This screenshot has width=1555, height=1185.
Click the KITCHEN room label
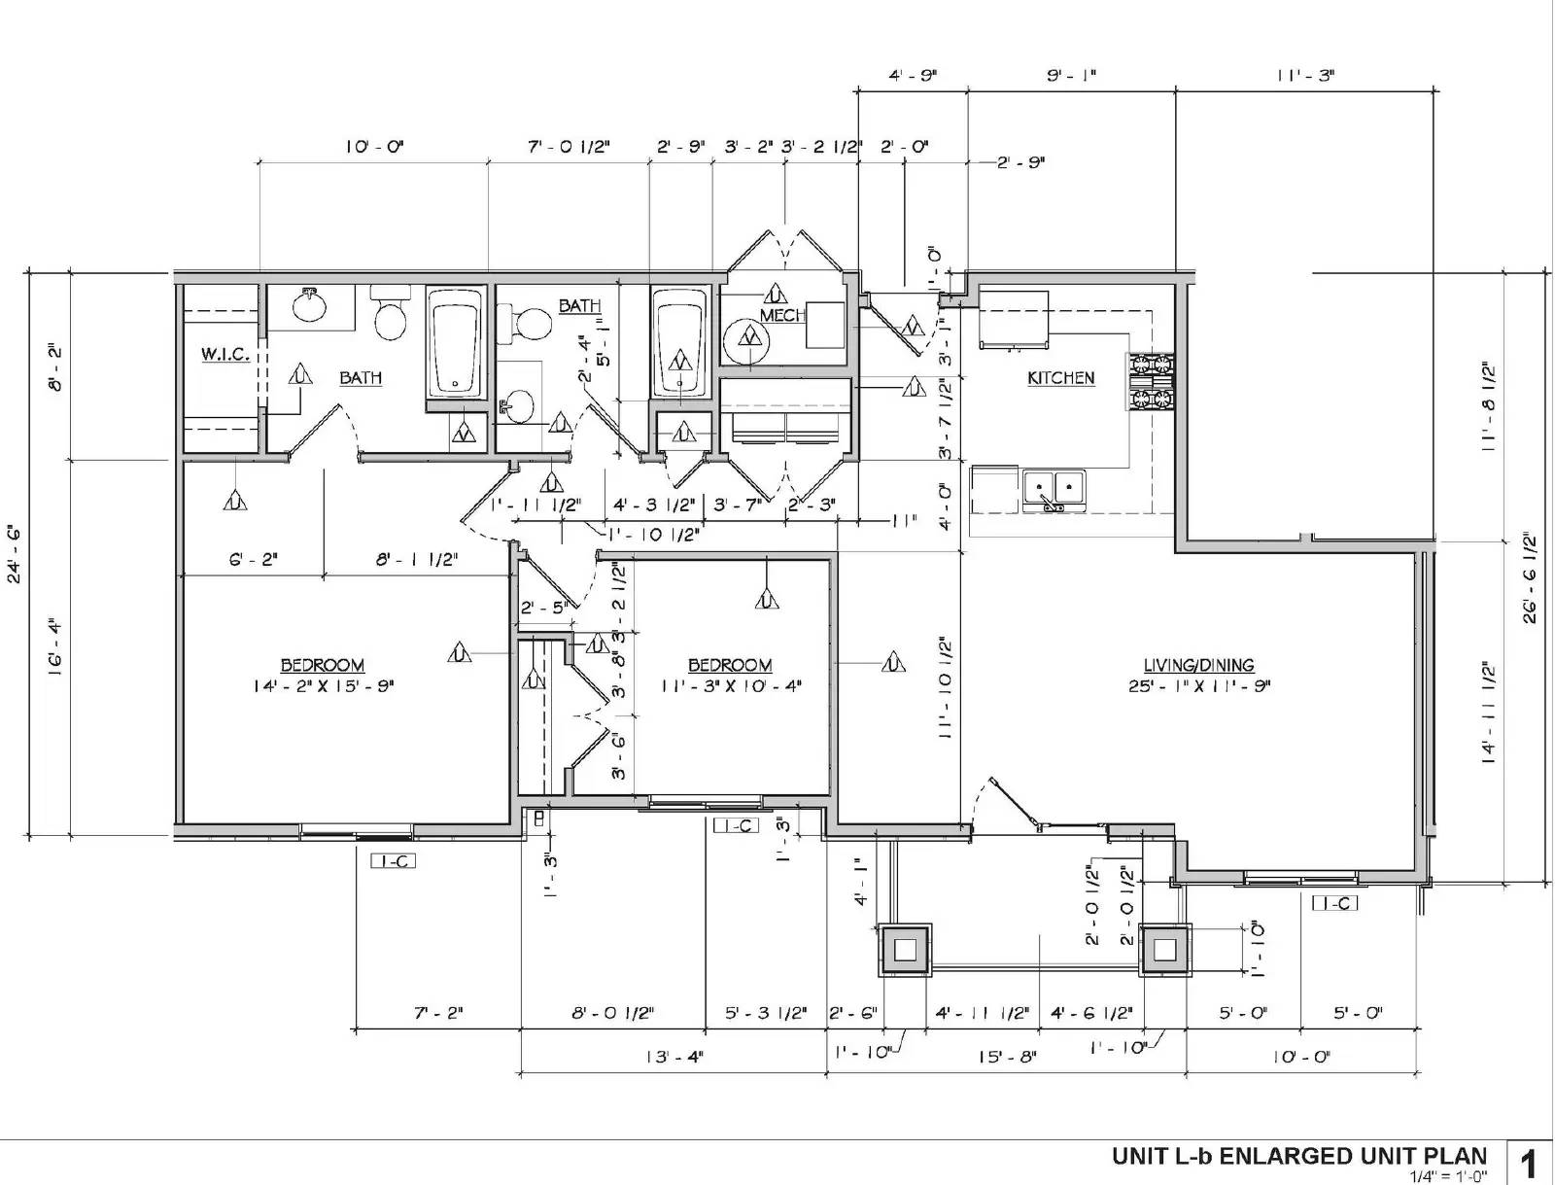tap(1060, 378)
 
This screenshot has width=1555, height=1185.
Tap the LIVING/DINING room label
tap(1198, 666)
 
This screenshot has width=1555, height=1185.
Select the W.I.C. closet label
tap(225, 355)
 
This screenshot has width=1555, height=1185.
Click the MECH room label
tap(782, 316)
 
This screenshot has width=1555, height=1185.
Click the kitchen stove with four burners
tap(1151, 382)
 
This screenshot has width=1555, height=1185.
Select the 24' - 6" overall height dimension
tap(16, 554)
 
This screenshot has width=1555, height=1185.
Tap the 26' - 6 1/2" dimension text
tap(1530, 577)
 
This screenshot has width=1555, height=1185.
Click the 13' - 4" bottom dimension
tap(674, 1057)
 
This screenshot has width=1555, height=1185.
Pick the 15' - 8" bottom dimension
tap(1007, 1057)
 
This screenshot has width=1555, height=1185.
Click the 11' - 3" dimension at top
tap(1305, 75)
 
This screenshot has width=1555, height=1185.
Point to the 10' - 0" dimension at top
tap(373, 147)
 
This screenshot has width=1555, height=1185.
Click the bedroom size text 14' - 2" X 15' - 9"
tap(323, 686)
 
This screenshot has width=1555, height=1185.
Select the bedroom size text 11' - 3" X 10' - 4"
tap(730, 686)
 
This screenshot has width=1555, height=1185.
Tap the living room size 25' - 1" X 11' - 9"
tap(1199, 686)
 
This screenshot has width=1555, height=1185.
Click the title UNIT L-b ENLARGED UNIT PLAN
tap(1299, 1156)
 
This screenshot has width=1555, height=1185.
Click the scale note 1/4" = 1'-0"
tap(1448, 1176)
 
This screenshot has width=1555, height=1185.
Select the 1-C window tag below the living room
tap(1334, 903)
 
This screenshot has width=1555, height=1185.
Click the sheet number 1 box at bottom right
tap(1530, 1163)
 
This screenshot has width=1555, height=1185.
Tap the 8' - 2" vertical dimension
tap(57, 366)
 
